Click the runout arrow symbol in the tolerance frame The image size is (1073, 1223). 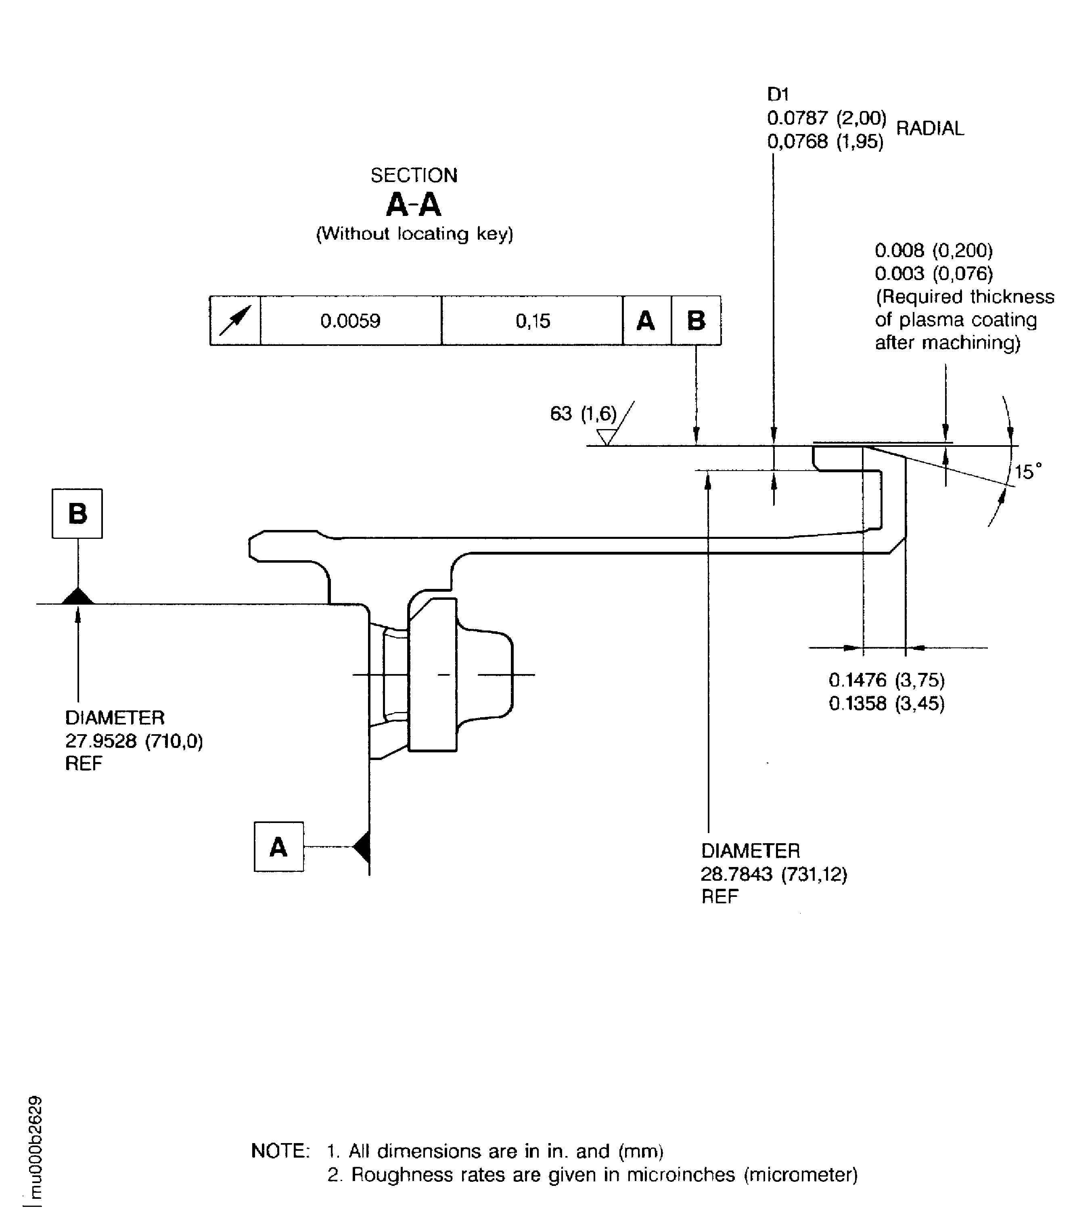(x=234, y=320)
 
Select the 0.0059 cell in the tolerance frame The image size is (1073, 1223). (x=351, y=321)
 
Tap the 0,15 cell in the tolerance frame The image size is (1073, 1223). (x=532, y=321)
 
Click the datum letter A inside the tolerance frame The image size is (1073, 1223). (x=645, y=321)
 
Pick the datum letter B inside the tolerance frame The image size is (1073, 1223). (x=696, y=321)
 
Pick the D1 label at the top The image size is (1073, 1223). (x=778, y=94)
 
